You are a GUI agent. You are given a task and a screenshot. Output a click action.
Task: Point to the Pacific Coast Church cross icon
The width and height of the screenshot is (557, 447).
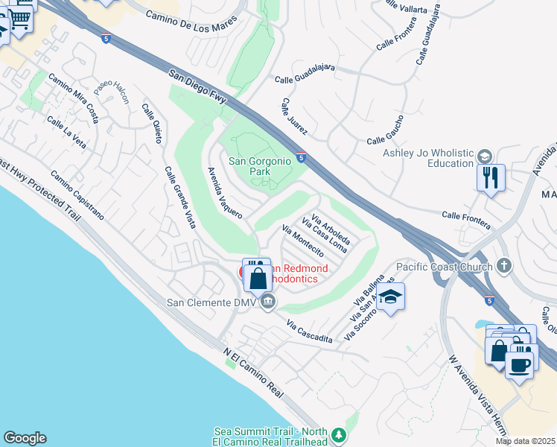(x=504, y=266)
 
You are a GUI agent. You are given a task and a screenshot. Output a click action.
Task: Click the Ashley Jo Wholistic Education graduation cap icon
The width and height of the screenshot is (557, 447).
(x=485, y=156)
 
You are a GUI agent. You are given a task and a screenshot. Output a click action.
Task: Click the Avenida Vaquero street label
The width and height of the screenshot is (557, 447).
(x=225, y=191)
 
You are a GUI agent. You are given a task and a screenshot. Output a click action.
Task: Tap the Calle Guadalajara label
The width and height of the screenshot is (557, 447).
(x=305, y=72)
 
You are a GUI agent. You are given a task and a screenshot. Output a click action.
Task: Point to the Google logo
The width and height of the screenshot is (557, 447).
(x=25, y=438)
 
